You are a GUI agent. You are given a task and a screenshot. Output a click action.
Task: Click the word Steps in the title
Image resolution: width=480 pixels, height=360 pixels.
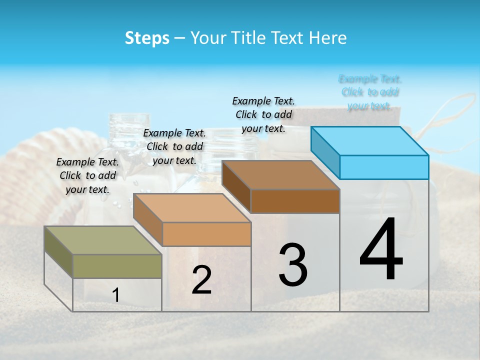coord(147,38)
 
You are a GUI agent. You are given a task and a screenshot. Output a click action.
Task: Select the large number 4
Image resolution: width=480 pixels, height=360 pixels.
coord(381,250)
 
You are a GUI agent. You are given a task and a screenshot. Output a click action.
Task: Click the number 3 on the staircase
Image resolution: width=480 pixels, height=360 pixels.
coord(293,265)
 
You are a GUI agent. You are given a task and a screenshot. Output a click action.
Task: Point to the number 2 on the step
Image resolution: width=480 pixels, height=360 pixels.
coord(202,280)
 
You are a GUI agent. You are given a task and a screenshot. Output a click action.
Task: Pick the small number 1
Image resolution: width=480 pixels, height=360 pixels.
coord(116,295)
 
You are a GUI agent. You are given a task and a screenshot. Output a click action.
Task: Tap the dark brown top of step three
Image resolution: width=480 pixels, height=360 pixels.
coord(280,175)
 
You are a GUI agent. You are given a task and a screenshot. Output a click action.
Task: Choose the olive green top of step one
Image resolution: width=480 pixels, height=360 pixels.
coord(102,240)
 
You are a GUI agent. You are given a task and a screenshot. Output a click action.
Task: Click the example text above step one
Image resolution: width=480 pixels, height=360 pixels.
coord(87,175)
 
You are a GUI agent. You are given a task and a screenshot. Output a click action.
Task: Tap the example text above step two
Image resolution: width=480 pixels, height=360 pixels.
coord(174,146)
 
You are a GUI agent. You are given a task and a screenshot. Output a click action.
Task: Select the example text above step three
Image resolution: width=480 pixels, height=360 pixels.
coord(263,114)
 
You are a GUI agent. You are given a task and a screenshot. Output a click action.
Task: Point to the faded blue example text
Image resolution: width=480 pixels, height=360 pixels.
coord(370,92)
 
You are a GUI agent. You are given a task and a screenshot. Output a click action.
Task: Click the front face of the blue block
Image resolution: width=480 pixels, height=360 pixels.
coord(384,167)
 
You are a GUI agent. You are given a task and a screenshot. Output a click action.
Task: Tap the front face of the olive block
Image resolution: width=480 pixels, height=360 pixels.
coord(117,266)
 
